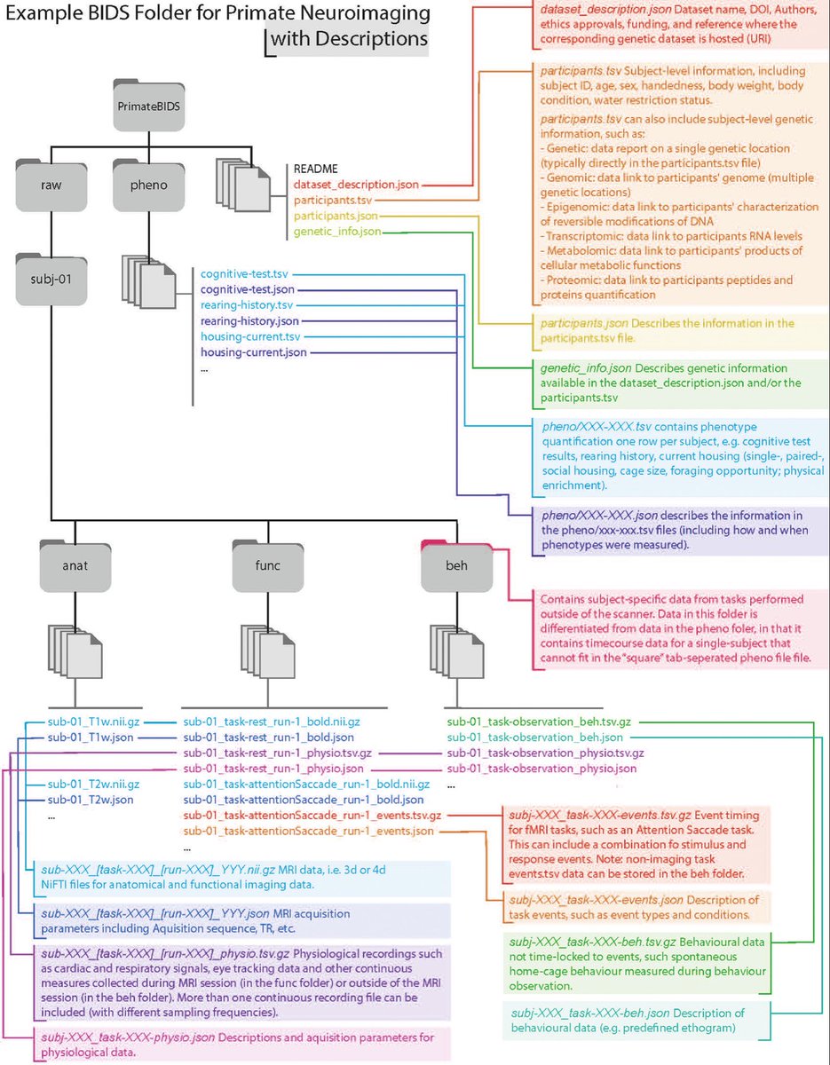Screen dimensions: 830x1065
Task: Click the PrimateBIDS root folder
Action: click(149, 105)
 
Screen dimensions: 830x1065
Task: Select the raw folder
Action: click(51, 185)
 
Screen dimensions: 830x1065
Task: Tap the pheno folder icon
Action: click(149, 185)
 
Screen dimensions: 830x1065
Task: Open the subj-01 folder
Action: click(51, 279)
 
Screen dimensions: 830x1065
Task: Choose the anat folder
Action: click(75, 565)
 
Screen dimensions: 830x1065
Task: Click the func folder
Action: click(268, 565)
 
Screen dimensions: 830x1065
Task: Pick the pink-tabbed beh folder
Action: click(457, 565)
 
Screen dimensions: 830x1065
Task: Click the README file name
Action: click(316, 170)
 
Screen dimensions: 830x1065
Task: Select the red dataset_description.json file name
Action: click(357, 185)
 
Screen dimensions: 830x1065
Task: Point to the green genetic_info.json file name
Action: click(337, 232)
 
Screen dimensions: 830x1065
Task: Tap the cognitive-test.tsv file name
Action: click(244, 274)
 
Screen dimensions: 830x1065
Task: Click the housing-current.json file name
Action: click(254, 352)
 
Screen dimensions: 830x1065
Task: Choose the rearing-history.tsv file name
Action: click(247, 305)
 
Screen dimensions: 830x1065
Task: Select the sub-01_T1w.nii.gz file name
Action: click(93, 722)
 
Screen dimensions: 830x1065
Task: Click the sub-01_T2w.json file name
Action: click(91, 800)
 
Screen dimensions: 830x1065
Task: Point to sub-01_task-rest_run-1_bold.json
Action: click(268, 738)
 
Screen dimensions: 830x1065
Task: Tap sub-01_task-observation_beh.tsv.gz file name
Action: click(539, 722)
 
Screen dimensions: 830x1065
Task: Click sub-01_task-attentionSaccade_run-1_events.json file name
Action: click(308, 832)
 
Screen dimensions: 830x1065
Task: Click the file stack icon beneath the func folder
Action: click(268, 651)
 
